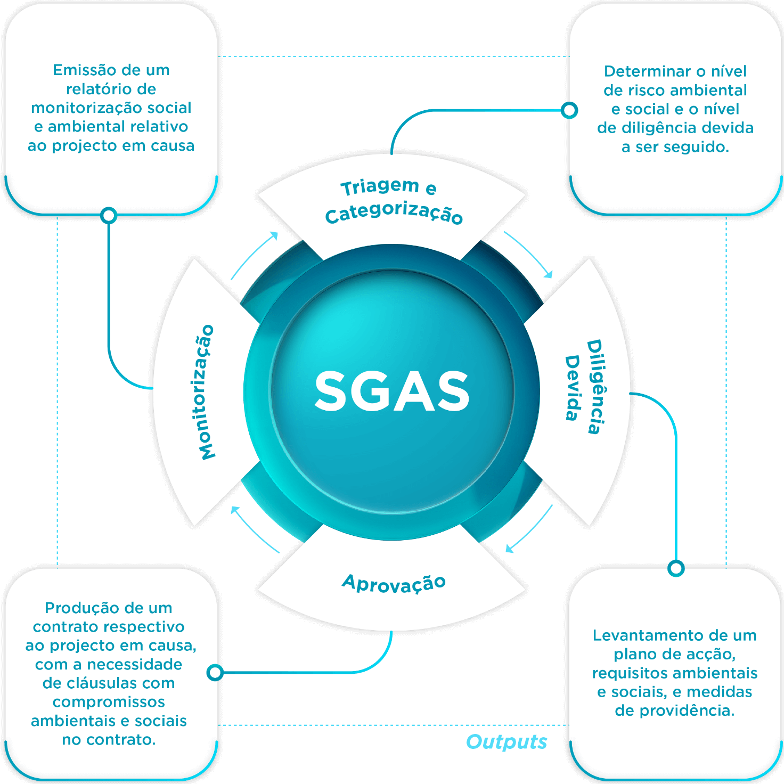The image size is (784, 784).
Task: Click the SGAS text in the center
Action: click(x=392, y=391)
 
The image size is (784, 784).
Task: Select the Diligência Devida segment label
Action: click(x=584, y=386)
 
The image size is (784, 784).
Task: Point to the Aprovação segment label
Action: click(x=394, y=583)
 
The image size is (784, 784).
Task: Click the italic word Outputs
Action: click(x=506, y=741)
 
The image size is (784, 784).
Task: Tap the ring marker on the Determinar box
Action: click(x=569, y=110)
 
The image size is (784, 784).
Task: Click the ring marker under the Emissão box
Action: click(x=109, y=215)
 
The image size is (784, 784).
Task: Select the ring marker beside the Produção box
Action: click(x=215, y=673)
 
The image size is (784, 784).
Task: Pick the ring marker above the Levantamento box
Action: click(x=676, y=568)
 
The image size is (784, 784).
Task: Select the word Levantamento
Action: click(x=643, y=635)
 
